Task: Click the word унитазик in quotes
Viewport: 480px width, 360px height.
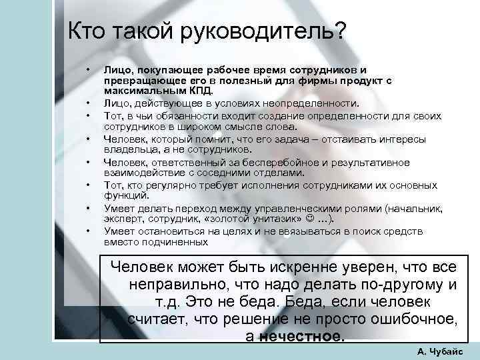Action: [269, 220]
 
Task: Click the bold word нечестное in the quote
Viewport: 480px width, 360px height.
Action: [303, 335]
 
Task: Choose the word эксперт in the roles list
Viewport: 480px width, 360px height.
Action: [122, 220]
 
